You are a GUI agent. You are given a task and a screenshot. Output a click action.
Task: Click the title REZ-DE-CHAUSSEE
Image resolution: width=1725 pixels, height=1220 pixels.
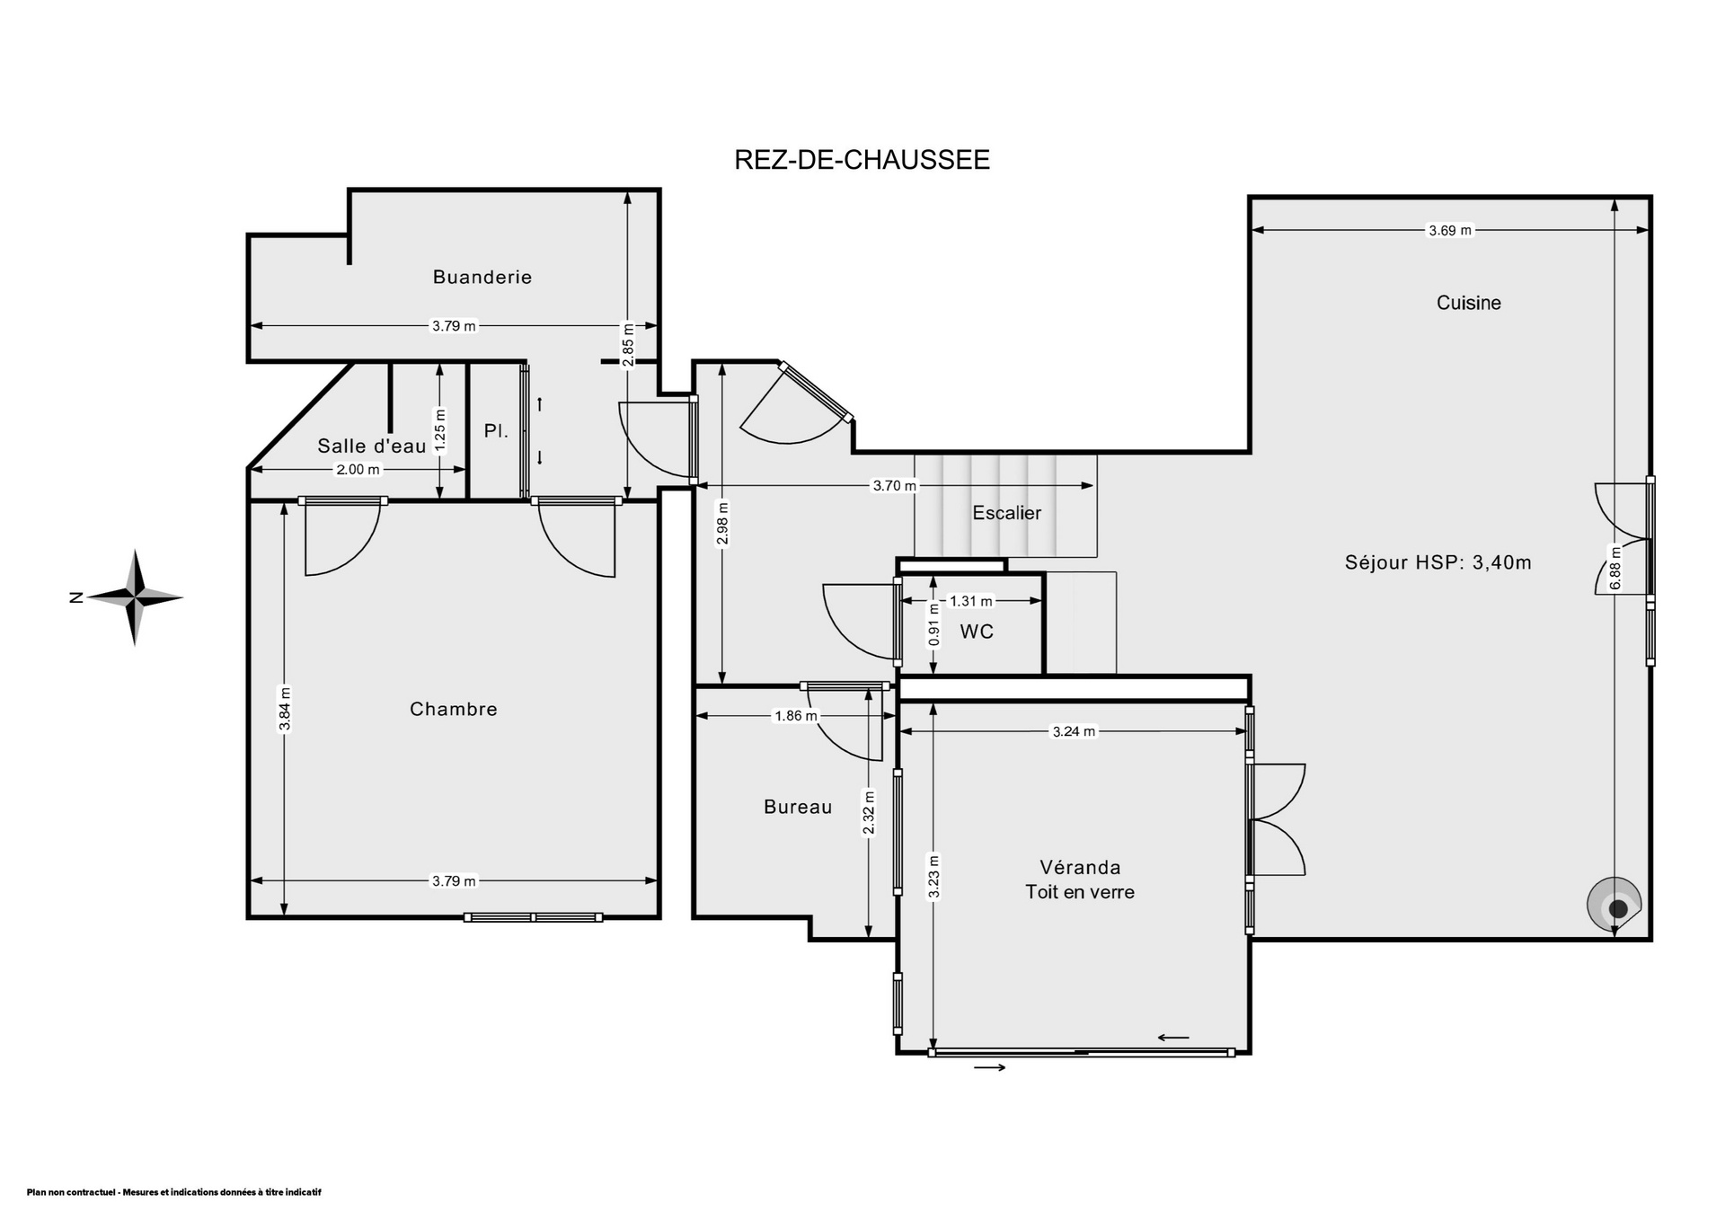click(x=862, y=159)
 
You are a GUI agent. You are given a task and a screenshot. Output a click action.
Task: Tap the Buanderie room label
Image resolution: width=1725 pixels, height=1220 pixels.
click(x=482, y=277)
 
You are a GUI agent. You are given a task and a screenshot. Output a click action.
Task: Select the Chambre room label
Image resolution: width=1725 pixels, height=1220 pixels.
click(x=454, y=709)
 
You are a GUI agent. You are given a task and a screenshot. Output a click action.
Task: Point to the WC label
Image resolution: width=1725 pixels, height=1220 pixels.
click(x=977, y=632)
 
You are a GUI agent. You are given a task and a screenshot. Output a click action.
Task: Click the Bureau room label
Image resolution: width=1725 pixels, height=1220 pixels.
click(x=798, y=807)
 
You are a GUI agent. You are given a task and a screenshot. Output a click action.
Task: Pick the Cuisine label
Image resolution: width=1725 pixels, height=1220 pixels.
click(x=1469, y=303)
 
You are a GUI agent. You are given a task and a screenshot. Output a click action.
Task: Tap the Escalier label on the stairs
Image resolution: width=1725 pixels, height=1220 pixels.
click(x=1007, y=513)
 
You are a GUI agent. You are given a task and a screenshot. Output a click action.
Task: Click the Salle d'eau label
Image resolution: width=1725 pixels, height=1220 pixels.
click(x=372, y=446)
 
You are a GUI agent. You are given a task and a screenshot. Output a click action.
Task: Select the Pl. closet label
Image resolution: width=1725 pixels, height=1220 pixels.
click(x=496, y=431)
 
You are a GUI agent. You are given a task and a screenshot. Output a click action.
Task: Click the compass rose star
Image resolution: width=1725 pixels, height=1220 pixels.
click(x=135, y=597)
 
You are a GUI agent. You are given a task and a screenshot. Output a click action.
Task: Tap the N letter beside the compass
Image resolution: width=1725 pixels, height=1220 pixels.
click(x=75, y=597)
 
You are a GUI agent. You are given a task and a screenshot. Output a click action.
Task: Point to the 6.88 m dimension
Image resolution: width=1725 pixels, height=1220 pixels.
click(x=1615, y=569)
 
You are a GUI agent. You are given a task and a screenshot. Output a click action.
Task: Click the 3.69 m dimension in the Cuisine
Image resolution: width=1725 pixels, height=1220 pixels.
click(x=1451, y=230)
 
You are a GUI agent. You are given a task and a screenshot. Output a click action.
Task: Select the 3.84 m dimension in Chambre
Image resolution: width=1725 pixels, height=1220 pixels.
click(x=284, y=710)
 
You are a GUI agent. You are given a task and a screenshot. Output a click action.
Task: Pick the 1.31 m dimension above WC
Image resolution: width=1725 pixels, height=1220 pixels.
click(x=971, y=601)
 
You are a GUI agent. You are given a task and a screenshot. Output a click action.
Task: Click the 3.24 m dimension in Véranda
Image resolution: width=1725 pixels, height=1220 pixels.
click(x=1074, y=731)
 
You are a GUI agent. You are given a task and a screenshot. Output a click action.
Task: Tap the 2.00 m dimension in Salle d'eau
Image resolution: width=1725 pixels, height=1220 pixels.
click(x=358, y=469)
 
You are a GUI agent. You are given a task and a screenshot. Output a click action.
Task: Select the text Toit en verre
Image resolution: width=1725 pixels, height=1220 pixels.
click(x=1080, y=892)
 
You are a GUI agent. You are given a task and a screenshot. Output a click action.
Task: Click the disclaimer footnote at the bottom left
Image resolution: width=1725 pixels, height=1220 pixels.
click(x=173, y=1192)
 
